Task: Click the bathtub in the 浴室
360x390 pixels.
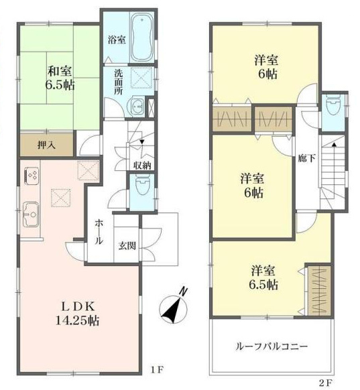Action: point(142,37)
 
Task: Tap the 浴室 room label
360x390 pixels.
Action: point(117,40)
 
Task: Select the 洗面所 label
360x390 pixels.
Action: point(119,82)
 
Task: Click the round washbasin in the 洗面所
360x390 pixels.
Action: point(136,106)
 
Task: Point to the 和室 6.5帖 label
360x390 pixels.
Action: point(60,78)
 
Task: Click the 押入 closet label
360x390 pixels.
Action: point(46,145)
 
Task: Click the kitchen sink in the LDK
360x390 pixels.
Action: point(31,214)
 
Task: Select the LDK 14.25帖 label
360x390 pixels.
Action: point(77,314)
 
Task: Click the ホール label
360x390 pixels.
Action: point(99,232)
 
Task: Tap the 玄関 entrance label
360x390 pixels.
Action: point(127,246)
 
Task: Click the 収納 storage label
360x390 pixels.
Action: point(142,165)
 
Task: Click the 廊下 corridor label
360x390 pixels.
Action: point(307,158)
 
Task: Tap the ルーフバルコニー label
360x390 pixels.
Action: point(272,346)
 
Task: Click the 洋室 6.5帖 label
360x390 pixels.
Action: point(263,277)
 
